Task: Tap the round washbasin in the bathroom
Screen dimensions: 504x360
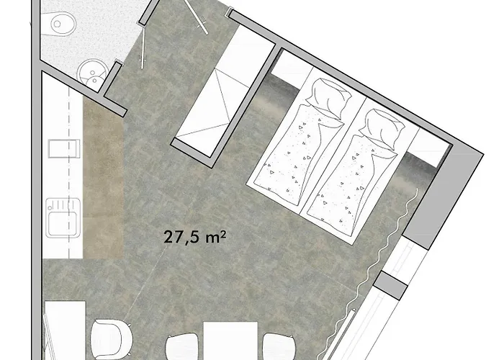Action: (x=92, y=73)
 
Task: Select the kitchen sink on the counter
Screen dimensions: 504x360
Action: (x=63, y=218)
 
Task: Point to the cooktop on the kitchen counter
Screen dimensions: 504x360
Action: (x=64, y=148)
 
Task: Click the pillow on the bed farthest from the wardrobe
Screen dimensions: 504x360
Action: (x=381, y=129)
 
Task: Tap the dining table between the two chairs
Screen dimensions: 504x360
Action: (x=230, y=341)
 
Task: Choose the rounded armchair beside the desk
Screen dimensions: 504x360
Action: (x=111, y=340)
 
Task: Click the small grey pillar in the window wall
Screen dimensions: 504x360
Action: (x=390, y=285)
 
